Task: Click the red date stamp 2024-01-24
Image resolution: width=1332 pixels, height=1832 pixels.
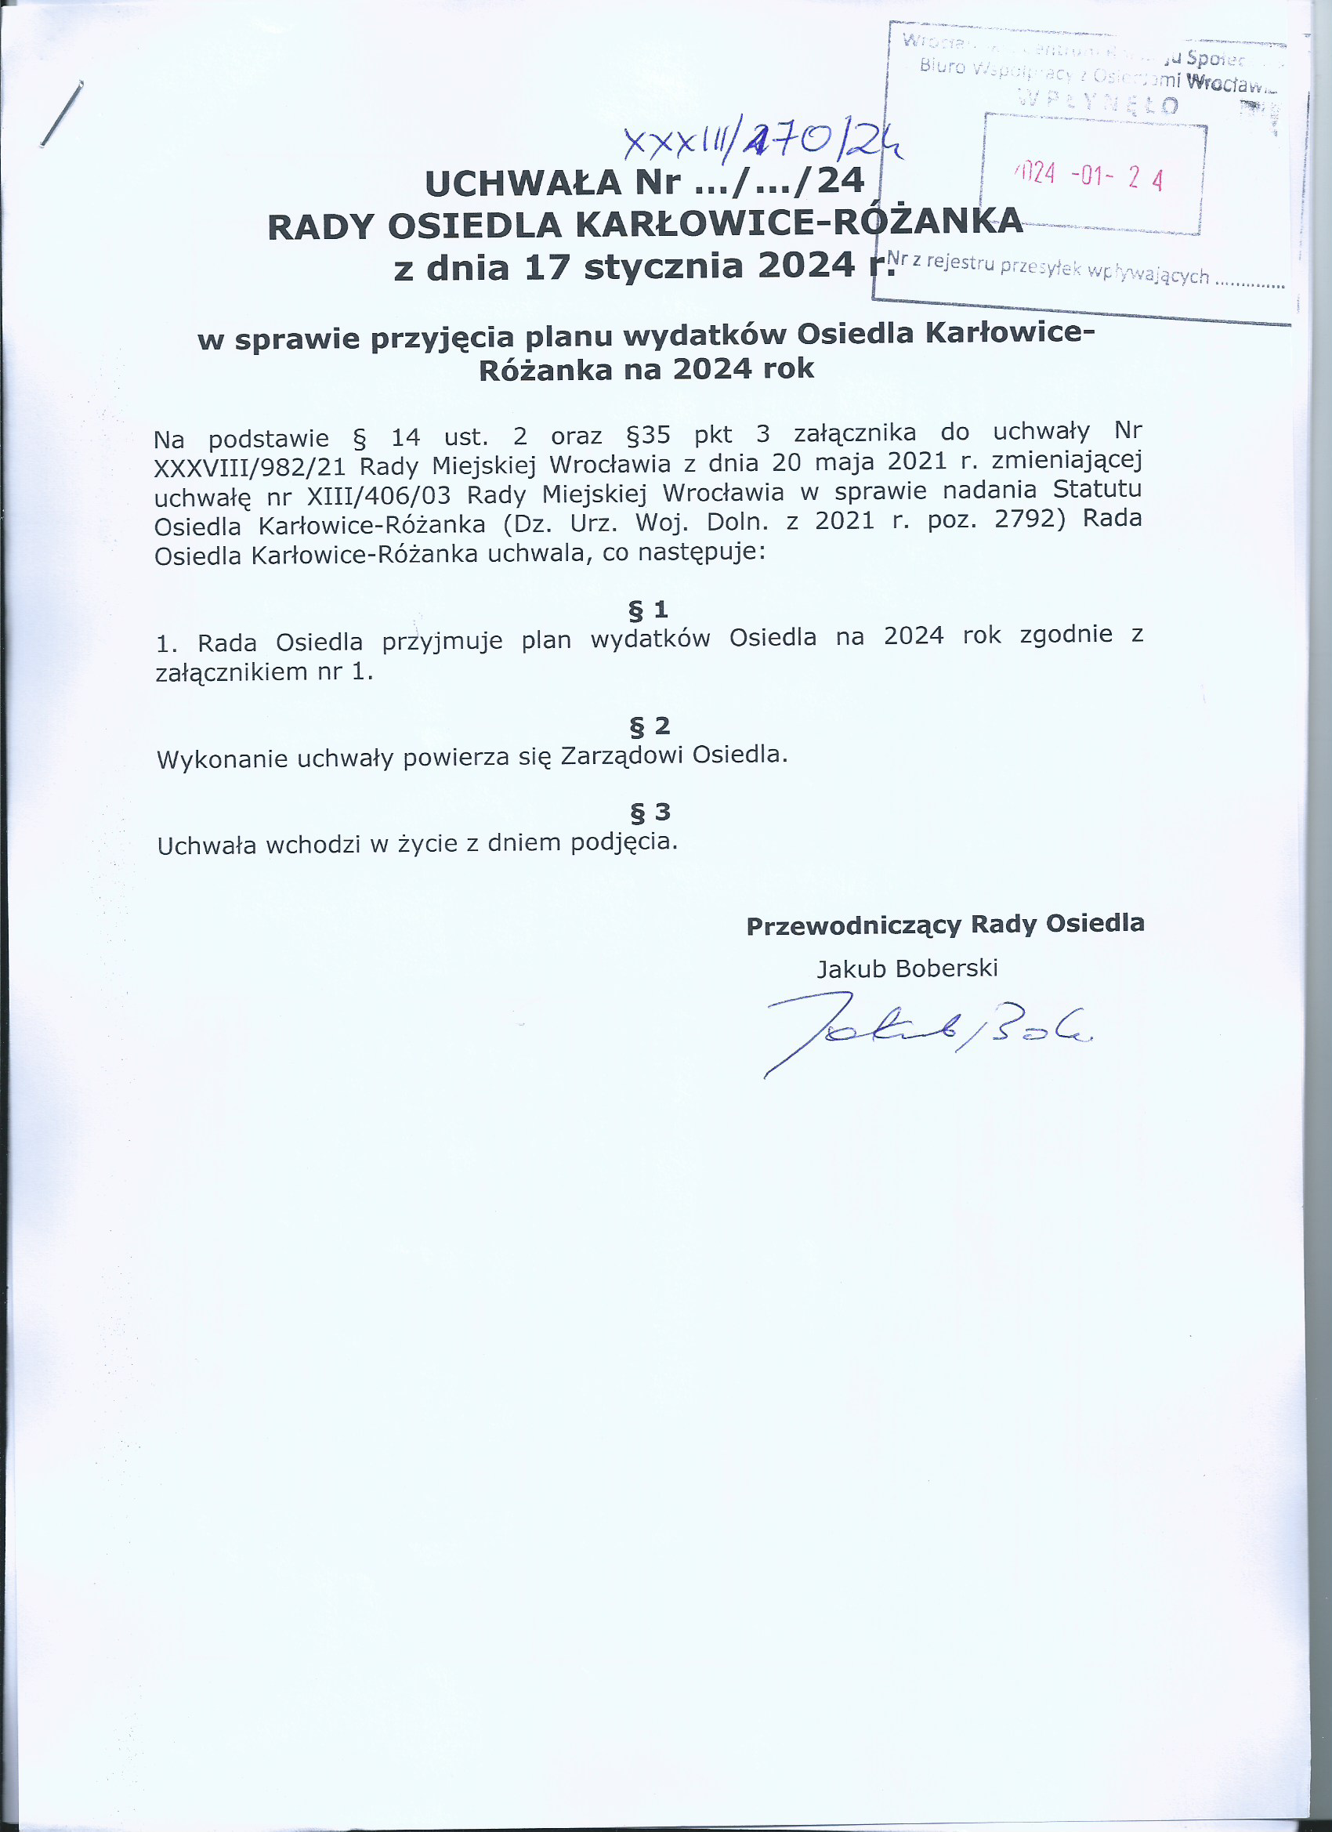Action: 1091,176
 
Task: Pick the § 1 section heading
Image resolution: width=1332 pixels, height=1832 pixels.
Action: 649,609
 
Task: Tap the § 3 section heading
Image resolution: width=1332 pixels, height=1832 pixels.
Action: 650,812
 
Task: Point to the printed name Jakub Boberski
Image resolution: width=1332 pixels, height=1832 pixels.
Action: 907,968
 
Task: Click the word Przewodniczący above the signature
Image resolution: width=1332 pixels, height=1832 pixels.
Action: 853,925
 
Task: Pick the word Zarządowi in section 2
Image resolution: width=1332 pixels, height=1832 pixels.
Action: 621,756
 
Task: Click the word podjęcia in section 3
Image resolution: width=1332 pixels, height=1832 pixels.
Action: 623,842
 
